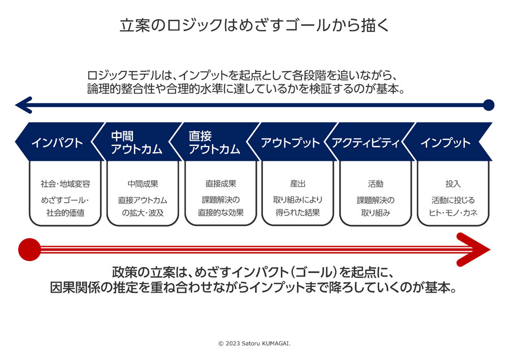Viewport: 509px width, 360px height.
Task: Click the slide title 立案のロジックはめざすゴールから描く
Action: (x=255, y=25)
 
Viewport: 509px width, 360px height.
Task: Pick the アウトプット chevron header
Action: (x=292, y=142)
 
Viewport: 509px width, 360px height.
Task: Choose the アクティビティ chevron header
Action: (x=370, y=142)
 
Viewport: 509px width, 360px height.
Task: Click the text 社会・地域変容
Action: (x=65, y=184)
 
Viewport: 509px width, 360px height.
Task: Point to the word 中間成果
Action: (x=143, y=184)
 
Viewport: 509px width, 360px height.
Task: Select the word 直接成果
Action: (x=221, y=183)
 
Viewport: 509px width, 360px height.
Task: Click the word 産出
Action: (x=297, y=184)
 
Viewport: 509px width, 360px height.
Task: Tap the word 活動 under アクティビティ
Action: (x=376, y=184)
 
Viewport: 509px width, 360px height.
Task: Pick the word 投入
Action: (x=453, y=184)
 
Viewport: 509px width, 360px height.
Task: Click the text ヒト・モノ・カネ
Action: (x=453, y=213)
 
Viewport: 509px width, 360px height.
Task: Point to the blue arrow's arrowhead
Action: (x=24, y=105)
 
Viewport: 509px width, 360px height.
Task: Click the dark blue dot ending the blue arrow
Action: (x=489, y=105)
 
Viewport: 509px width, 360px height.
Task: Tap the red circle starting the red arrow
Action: (x=29, y=250)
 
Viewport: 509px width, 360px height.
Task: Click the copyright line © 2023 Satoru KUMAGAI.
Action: (x=255, y=344)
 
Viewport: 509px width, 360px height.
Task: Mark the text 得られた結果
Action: (x=297, y=213)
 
